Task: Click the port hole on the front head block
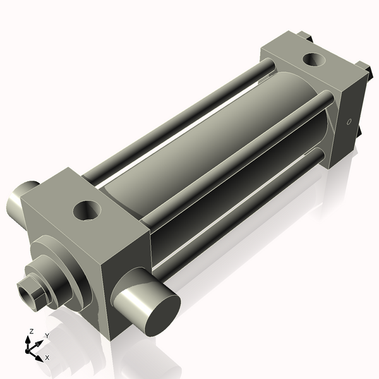point(88,210)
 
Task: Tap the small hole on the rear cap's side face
point(348,122)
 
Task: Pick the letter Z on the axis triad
point(29,332)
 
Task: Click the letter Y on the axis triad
point(47,335)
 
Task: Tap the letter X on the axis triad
point(47,358)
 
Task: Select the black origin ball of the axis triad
point(29,349)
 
